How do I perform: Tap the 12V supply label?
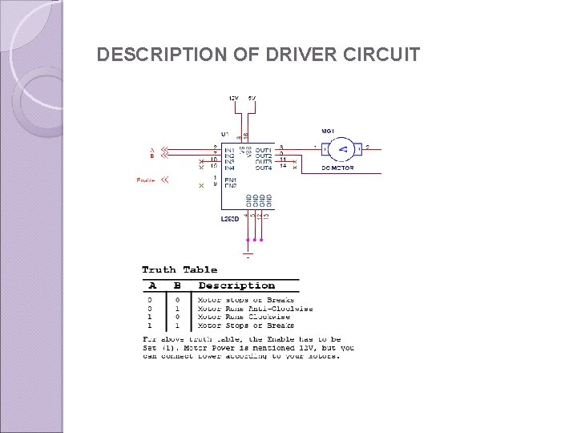pos(233,98)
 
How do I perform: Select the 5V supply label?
pos(252,98)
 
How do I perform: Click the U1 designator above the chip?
pos(224,133)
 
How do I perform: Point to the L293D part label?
pos(230,218)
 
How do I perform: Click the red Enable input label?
pos(145,180)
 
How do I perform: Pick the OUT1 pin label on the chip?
pos(264,148)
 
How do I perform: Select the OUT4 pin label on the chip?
pos(264,168)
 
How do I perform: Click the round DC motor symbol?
pos(343,148)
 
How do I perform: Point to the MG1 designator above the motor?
pos(328,131)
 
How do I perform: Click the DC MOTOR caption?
pos(338,168)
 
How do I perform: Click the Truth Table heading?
pos(180,270)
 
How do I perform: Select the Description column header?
pos(236,285)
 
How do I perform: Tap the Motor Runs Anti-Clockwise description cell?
pos(255,309)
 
